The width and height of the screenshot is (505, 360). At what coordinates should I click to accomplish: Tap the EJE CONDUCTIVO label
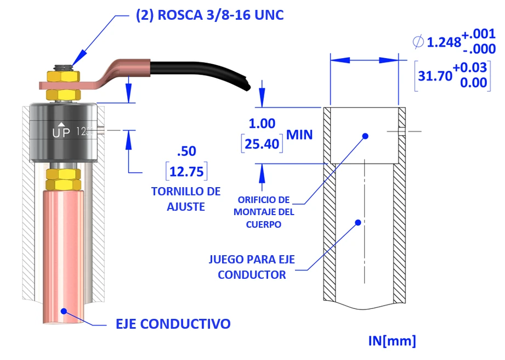(173, 324)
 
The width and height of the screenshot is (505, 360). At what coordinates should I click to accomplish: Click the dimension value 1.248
(444, 42)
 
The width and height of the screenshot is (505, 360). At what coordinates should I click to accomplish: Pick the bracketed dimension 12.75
(186, 171)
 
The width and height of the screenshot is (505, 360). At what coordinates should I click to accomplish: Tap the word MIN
(299, 134)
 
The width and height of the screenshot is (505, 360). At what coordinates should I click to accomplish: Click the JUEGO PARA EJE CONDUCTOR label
(252, 267)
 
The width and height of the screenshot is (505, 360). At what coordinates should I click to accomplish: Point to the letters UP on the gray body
(61, 132)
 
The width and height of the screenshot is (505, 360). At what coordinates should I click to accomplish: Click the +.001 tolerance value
(475, 35)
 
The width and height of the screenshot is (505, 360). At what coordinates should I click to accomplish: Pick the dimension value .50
(186, 151)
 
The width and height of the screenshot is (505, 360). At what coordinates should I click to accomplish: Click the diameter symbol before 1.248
(418, 41)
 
